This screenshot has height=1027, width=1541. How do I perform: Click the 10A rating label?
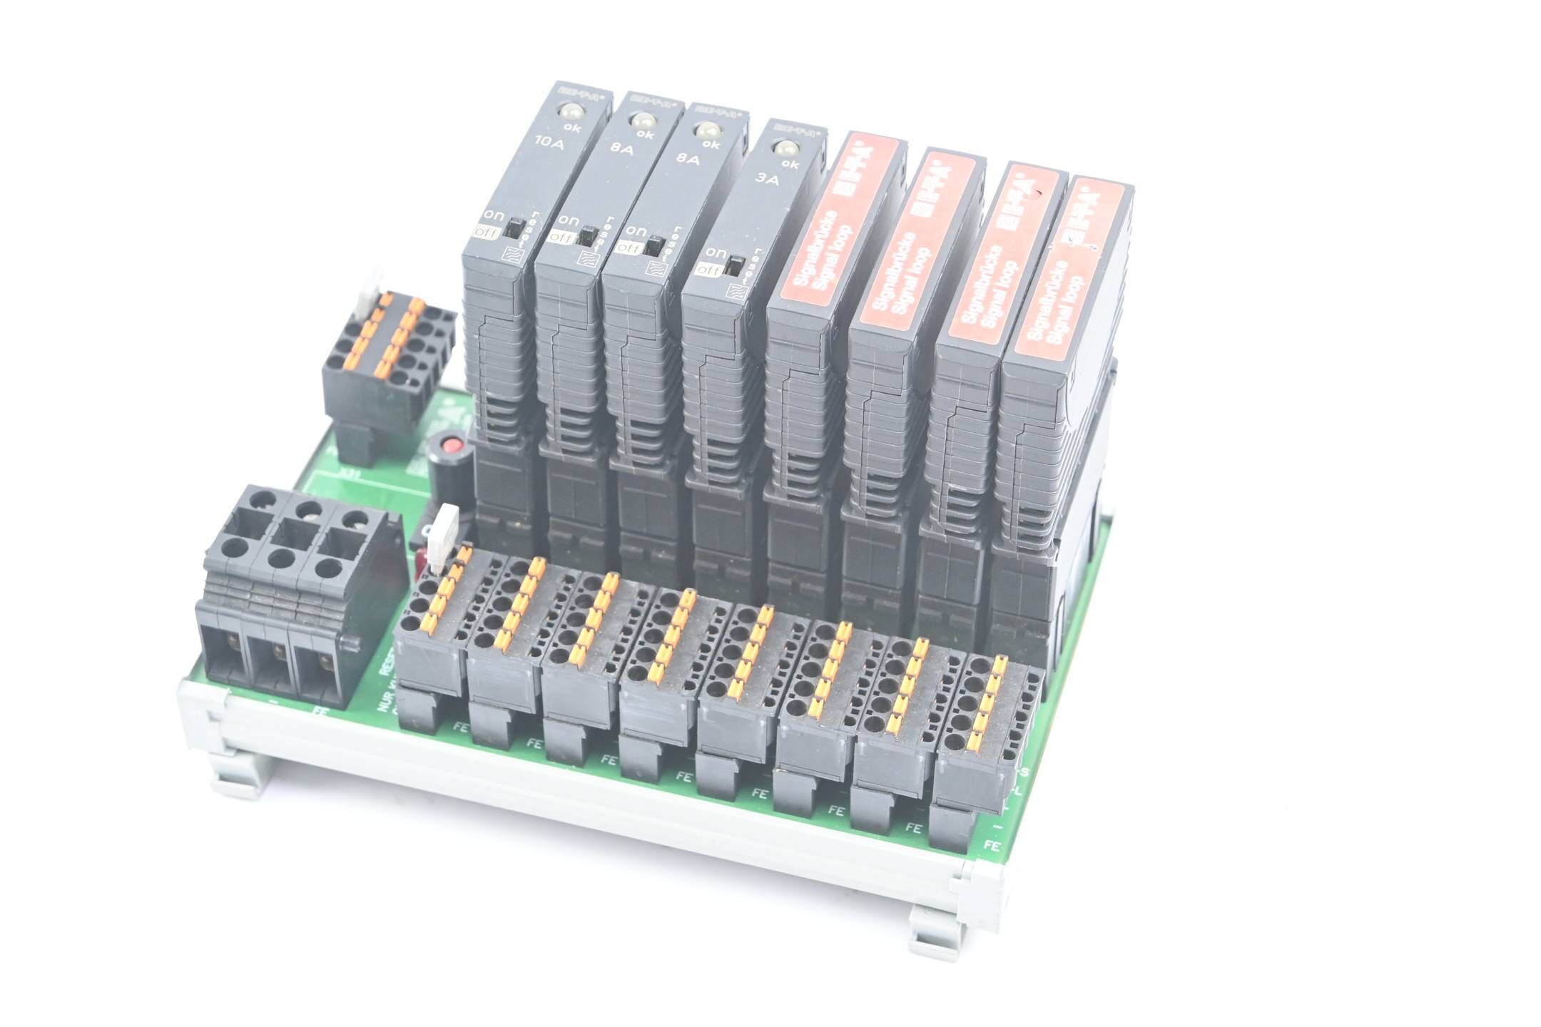coord(549,147)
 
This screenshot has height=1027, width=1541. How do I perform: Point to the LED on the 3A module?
coord(785,148)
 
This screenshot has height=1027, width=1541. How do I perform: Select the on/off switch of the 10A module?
coord(512,229)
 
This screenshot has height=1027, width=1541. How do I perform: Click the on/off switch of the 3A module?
coord(732,268)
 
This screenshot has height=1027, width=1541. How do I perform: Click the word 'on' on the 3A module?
coord(716,252)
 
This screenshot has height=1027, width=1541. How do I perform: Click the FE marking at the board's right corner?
coord(991,845)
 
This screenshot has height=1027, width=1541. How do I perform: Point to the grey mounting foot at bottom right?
coord(935,927)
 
